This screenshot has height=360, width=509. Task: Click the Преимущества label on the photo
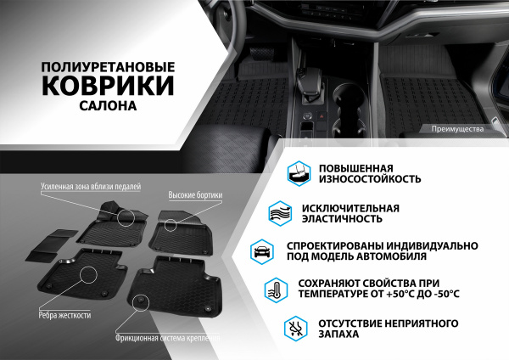[456, 129]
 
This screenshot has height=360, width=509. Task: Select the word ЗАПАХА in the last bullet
[335, 335]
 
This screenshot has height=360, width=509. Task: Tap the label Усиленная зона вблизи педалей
[90, 185]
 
